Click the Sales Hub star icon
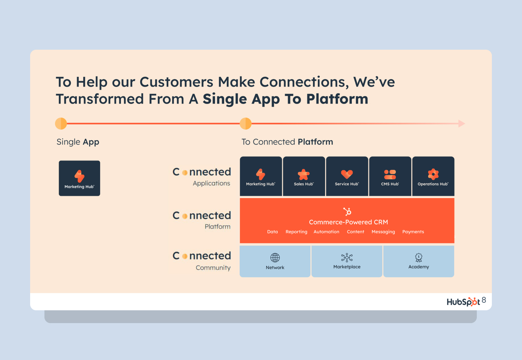click(304, 174)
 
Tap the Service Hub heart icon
click(347, 174)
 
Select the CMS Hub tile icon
click(390, 174)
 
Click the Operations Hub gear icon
click(433, 174)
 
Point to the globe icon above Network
click(275, 258)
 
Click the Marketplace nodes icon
click(347, 258)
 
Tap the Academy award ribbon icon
click(418, 258)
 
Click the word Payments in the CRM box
click(413, 232)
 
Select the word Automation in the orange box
click(326, 232)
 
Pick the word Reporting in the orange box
click(296, 232)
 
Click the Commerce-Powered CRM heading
click(348, 222)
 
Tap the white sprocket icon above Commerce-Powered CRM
click(347, 212)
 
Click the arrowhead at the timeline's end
click(462, 124)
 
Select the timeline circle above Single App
click(61, 124)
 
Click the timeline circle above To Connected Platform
click(246, 124)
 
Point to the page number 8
click(484, 300)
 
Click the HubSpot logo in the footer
click(463, 302)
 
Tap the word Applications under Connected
click(211, 183)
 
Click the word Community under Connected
click(213, 268)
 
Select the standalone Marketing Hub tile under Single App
click(79, 178)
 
